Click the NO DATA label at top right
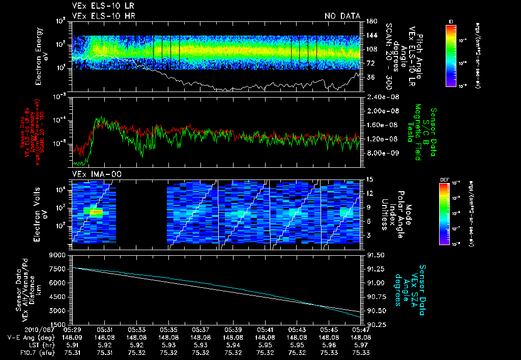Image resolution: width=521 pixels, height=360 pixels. click(342, 16)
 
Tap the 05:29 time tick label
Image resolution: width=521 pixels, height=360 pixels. click(73, 329)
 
